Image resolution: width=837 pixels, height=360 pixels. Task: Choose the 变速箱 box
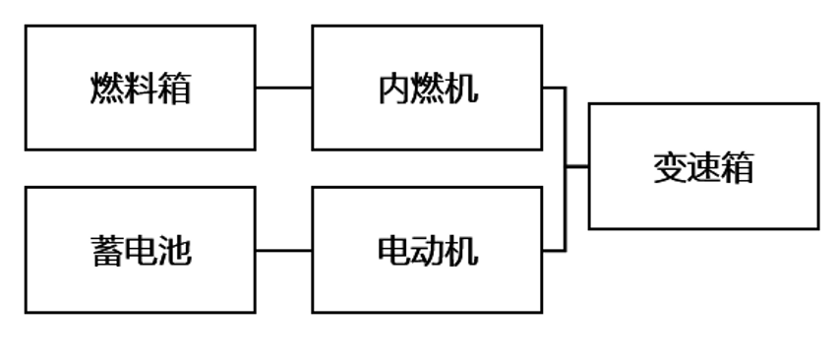tap(703, 202)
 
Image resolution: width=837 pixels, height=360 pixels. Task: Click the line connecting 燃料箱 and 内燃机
tap(284, 88)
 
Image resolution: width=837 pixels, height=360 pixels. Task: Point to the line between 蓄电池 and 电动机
tap(284, 251)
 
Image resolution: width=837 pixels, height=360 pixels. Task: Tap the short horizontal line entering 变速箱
tap(577, 167)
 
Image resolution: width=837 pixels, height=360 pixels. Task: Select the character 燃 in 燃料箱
tap(107, 90)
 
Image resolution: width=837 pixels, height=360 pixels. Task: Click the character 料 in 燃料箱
tap(141, 90)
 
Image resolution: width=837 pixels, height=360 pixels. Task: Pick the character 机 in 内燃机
tap(461, 90)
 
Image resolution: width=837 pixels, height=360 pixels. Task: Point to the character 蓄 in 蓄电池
tap(107, 253)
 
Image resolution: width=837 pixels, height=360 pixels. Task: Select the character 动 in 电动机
tap(428, 253)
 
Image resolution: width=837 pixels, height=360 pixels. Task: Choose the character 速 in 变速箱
tap(703, 167)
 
